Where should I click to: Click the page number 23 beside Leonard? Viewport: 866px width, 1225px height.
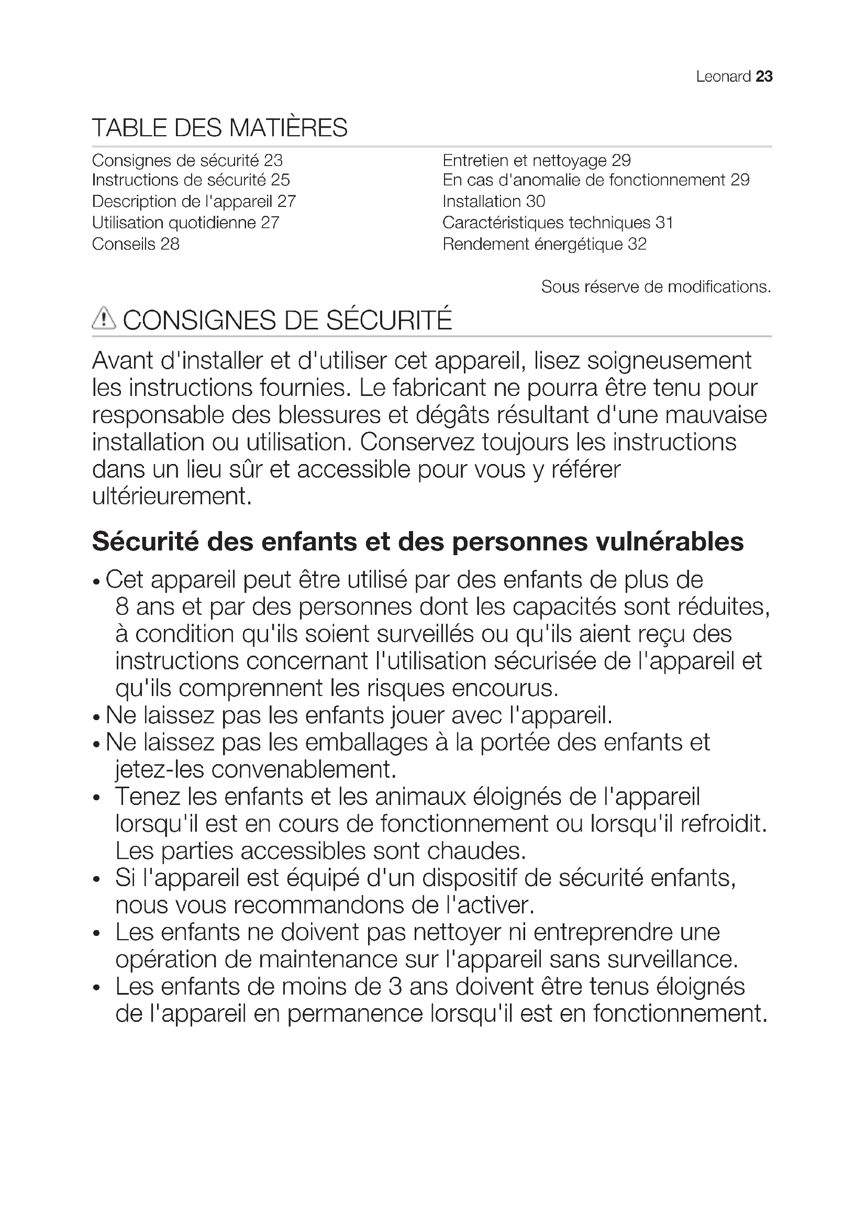click(764, 77)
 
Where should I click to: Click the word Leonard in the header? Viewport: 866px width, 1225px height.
click(723, 77)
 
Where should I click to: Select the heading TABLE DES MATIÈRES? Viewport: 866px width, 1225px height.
click(220, 128)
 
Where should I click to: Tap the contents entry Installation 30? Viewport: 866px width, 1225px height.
click(494, 202)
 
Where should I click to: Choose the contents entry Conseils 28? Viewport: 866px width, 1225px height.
click(136, 245)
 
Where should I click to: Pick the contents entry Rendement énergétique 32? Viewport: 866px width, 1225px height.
click(545, 245)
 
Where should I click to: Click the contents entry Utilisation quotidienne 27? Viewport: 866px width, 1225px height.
click(185, 223)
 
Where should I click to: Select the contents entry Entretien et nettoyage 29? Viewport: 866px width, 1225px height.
click(537, 161)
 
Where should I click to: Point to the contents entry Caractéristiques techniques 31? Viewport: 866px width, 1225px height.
click(558, 223)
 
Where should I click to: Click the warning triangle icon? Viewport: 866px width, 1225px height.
click(104, 318)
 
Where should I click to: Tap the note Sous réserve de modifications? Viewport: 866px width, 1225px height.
click(656, 287)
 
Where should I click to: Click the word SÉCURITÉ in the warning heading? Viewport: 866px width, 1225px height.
click(389, 320)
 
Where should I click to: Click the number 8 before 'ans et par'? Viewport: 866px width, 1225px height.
click(122, 607)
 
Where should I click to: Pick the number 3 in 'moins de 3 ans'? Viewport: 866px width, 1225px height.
click(395, 987)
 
